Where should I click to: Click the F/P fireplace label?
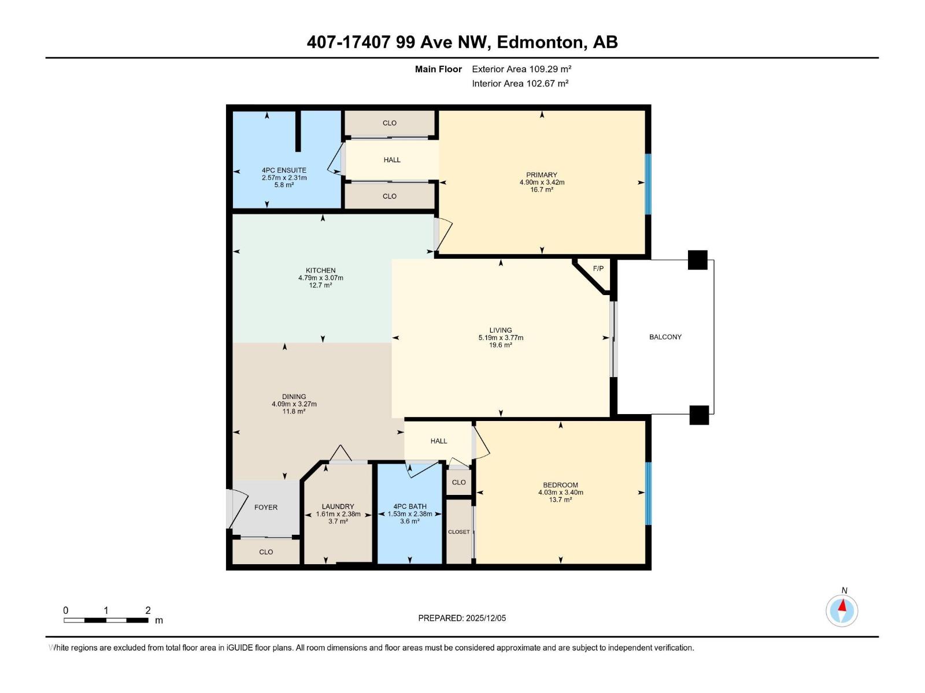[598, 269]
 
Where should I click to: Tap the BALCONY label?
[665, 337]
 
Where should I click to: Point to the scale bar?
[106, 620]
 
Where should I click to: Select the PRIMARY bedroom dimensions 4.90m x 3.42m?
[542, 182]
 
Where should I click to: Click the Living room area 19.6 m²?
[500, 345]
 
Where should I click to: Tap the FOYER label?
[266, 507]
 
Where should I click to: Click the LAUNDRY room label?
[338, 506]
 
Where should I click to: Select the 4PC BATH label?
[409, 506]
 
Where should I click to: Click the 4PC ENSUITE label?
[284, 170]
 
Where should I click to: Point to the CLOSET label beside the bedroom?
[458, 532]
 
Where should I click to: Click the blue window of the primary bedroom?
[648, 184]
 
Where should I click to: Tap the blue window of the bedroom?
[648, 493]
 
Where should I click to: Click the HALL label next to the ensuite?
[392, 160]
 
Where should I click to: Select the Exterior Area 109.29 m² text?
[521, 69]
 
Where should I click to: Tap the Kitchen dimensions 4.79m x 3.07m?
[320, 278]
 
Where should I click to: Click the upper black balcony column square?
[697, 260]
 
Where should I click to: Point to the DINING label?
[294, 397]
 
